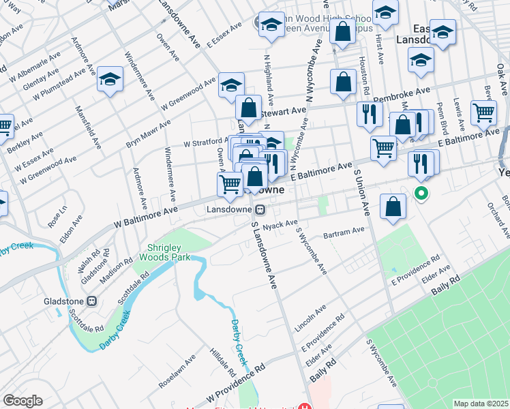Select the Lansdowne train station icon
(x=260, y=209)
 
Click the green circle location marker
(x=421, y=194)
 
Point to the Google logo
(x=22, y=401)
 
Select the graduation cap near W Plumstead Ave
(x=109, y=79)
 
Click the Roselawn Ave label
(x=177, y=371)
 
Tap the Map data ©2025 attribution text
(x=481, y=404)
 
